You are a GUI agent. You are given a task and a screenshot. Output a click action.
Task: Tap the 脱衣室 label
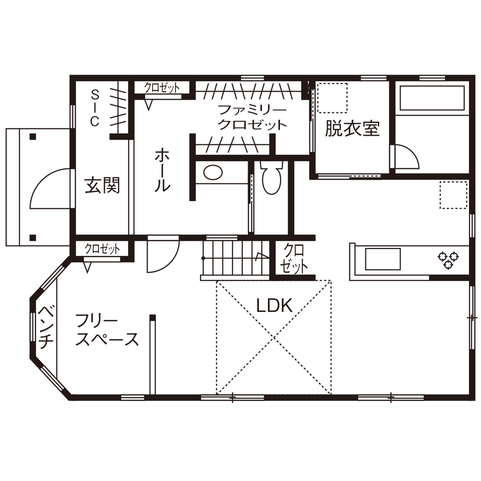[352, 128]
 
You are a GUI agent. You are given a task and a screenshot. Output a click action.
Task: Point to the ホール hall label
[162, 170]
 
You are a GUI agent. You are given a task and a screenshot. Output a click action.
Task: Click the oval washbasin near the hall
[213, 172]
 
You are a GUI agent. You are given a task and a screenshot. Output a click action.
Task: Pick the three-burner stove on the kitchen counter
[448, 259]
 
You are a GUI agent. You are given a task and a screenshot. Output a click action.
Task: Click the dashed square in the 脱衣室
[332, 97]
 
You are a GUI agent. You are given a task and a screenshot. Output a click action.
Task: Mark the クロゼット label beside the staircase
[294, 259]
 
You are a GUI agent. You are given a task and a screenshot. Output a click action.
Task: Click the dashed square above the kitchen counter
[454, 195]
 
